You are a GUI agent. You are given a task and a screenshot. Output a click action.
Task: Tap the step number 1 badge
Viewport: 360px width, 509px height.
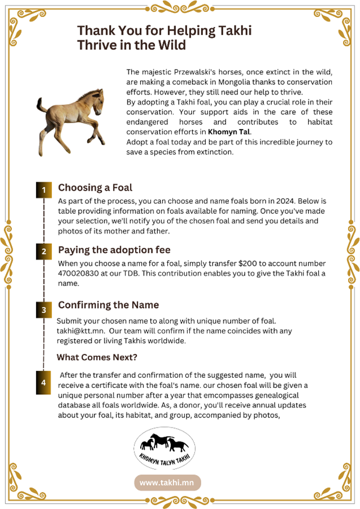click(x=44, y=191)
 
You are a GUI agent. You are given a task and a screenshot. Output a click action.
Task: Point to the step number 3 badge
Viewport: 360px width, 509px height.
click(x=44, y=310)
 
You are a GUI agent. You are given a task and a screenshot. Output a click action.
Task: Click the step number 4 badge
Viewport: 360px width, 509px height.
click(x=44, y=383)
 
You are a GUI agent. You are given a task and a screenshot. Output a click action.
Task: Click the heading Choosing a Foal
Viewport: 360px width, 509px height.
click(x=95, y=188)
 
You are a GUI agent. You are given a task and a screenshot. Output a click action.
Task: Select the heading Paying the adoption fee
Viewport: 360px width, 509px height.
click(x=114, y=249)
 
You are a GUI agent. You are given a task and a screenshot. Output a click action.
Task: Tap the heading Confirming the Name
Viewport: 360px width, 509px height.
click(x=109, y=305)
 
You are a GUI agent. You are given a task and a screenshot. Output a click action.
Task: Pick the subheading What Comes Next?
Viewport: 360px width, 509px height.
click(x=97, y=357)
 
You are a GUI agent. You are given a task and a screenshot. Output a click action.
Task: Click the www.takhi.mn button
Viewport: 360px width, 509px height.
click(x=167, y=482)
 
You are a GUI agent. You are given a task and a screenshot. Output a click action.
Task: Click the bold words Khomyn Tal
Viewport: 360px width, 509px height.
click(x=229, y=132)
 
